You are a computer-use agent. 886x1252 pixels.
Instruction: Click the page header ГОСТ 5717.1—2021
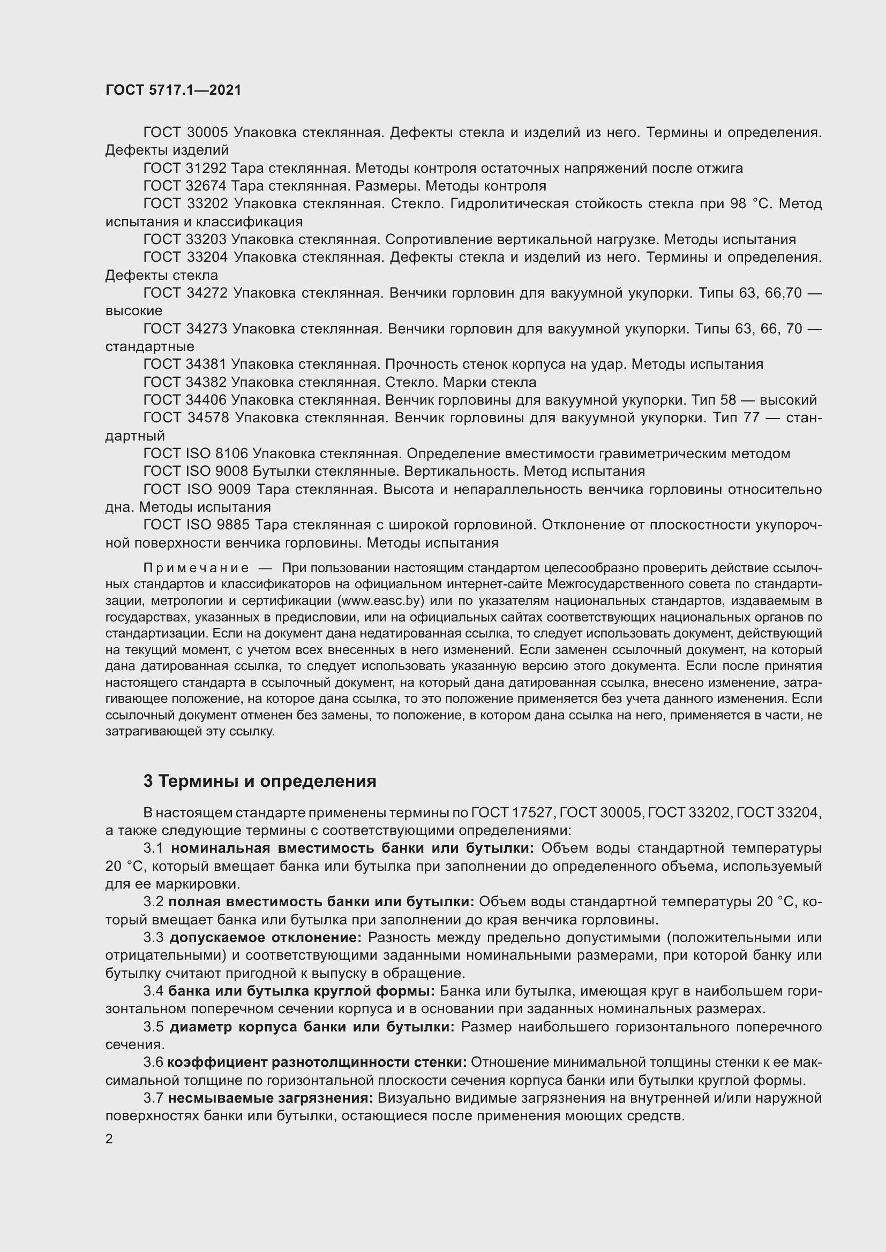[173, 90]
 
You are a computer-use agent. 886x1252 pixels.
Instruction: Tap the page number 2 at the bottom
[109, 1139]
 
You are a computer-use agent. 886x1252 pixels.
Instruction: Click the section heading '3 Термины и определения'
[260, 781]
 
